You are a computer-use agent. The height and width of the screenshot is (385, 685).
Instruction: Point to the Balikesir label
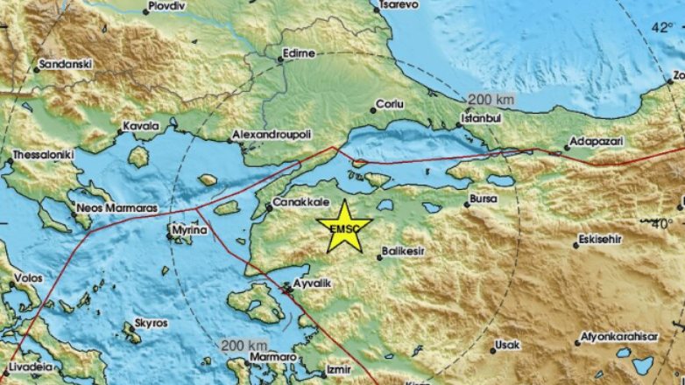click(x=405, y=255)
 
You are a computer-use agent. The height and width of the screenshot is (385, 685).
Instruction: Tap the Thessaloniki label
click(x=39, y=158)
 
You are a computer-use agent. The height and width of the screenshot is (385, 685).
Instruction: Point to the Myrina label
click(x=191, y=230)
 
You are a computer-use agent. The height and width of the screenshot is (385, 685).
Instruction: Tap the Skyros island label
click(x=152, y=323)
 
